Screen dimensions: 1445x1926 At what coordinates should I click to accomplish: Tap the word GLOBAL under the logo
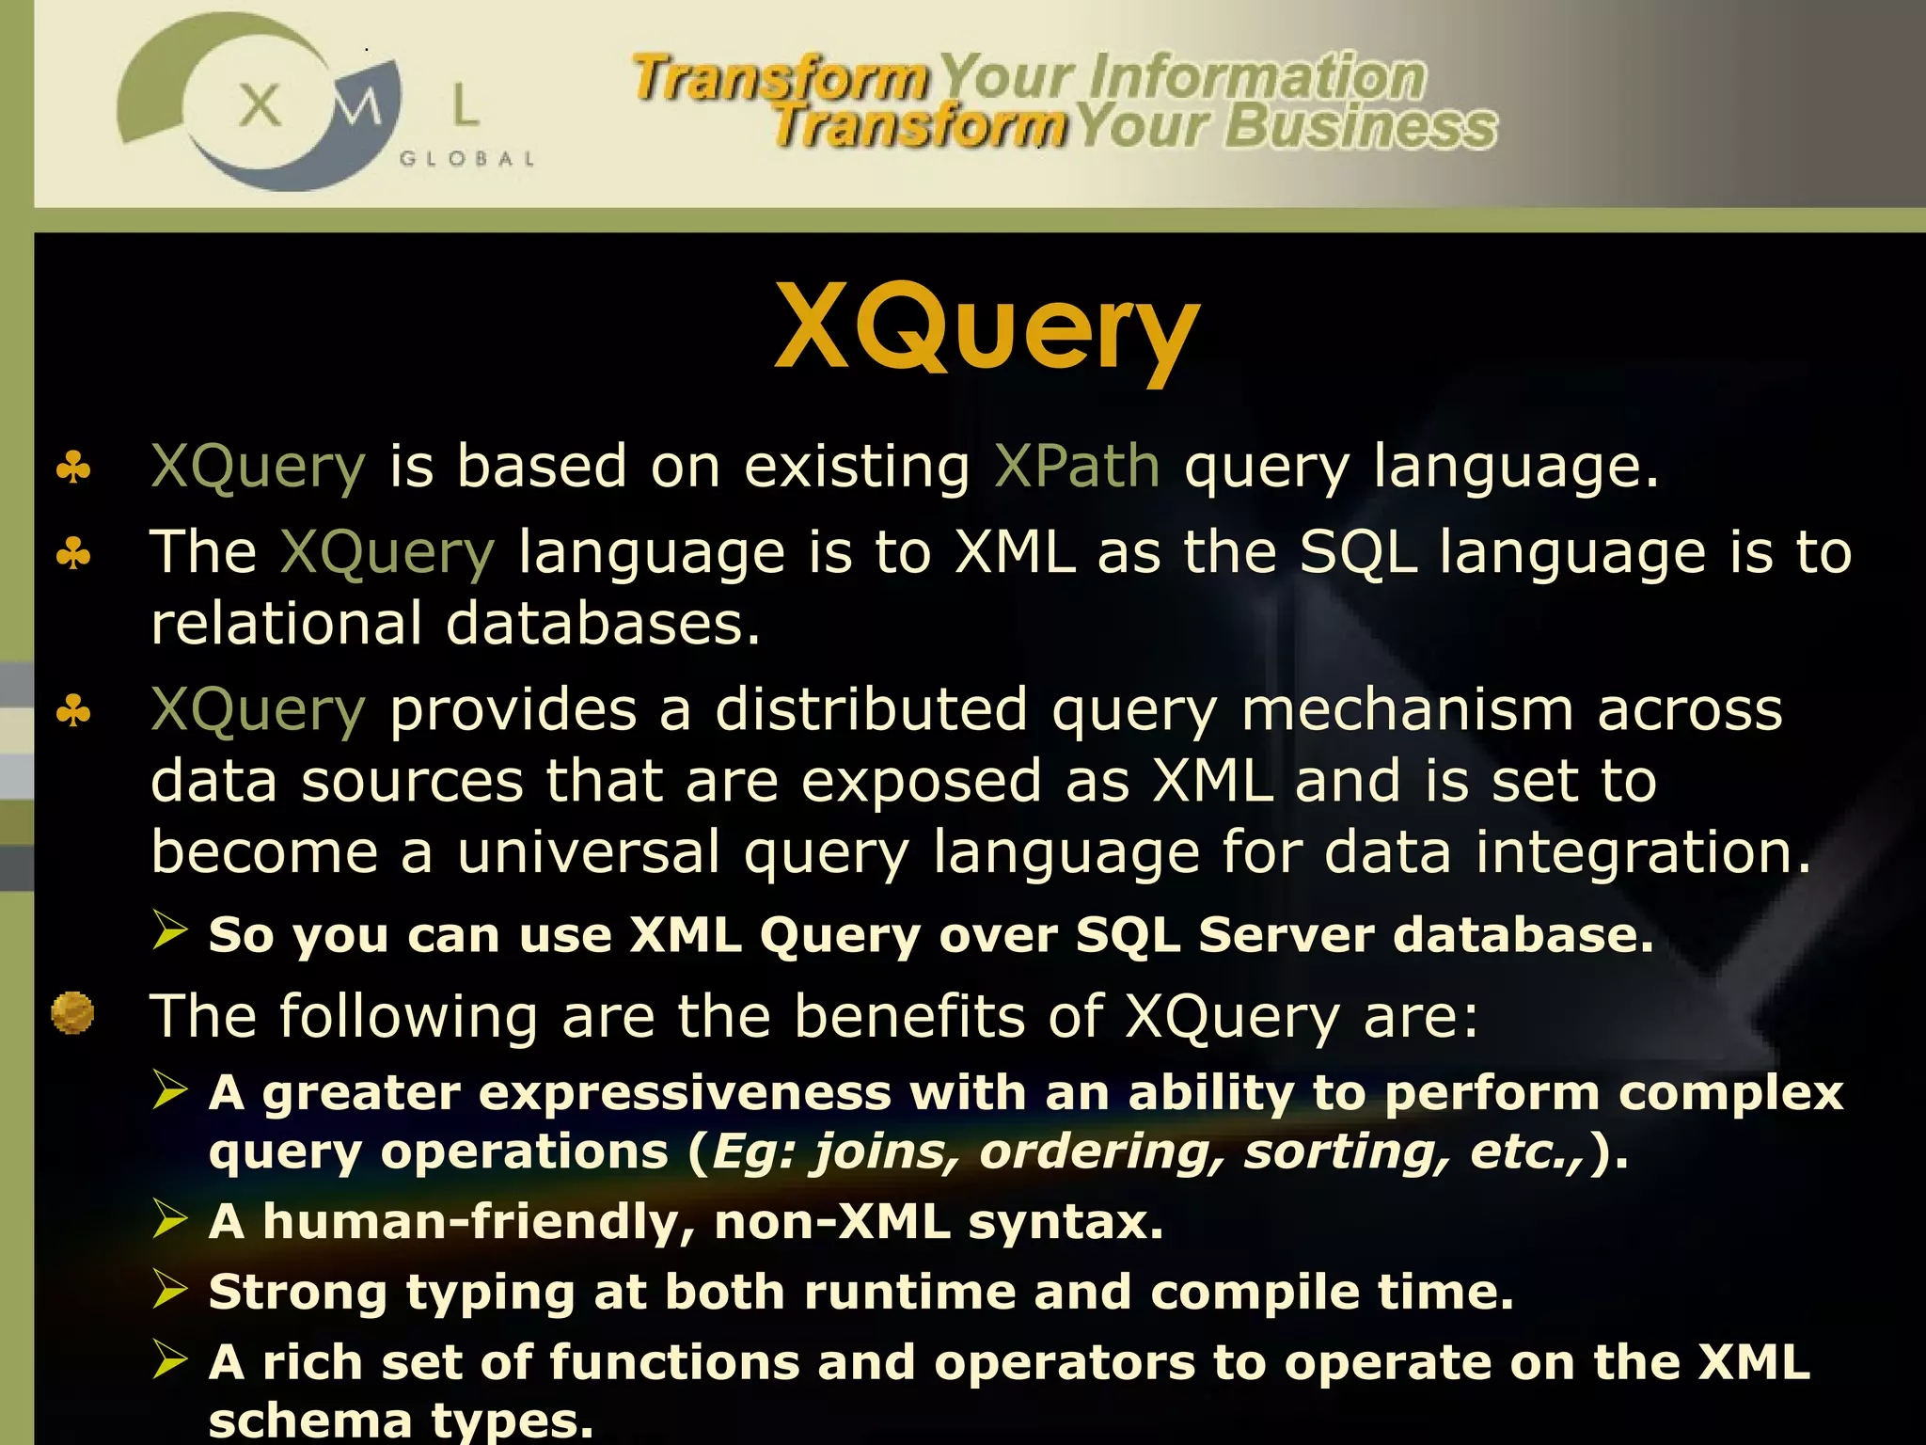467,159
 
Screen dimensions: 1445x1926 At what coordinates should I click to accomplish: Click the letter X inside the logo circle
260,105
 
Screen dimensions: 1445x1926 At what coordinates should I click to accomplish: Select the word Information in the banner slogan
1256,77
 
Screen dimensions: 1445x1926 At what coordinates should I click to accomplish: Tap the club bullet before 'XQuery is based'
73,468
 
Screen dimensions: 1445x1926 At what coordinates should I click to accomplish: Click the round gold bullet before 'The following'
72,1014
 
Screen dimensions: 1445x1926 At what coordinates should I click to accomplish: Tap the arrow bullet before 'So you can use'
171,931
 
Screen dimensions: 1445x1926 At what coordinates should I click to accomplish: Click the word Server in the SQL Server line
1285,935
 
